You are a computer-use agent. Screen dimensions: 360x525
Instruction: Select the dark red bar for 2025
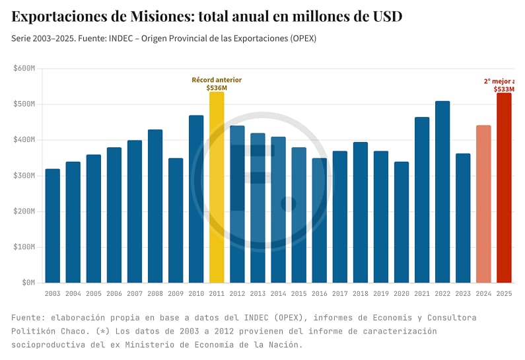504,188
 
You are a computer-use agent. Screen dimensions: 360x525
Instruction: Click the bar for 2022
442,192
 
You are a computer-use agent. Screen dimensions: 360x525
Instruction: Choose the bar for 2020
402,222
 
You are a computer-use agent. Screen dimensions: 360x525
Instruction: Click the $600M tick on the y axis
24,69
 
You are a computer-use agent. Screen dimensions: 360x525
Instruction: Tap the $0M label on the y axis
28,283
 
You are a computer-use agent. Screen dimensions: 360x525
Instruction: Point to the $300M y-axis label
24,176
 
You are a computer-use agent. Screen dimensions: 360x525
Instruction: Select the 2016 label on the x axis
320,293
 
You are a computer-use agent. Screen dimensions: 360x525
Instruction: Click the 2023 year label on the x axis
463,293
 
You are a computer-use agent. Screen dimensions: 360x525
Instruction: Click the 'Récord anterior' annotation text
217,80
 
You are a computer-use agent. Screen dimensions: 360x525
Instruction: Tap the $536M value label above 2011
217,88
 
